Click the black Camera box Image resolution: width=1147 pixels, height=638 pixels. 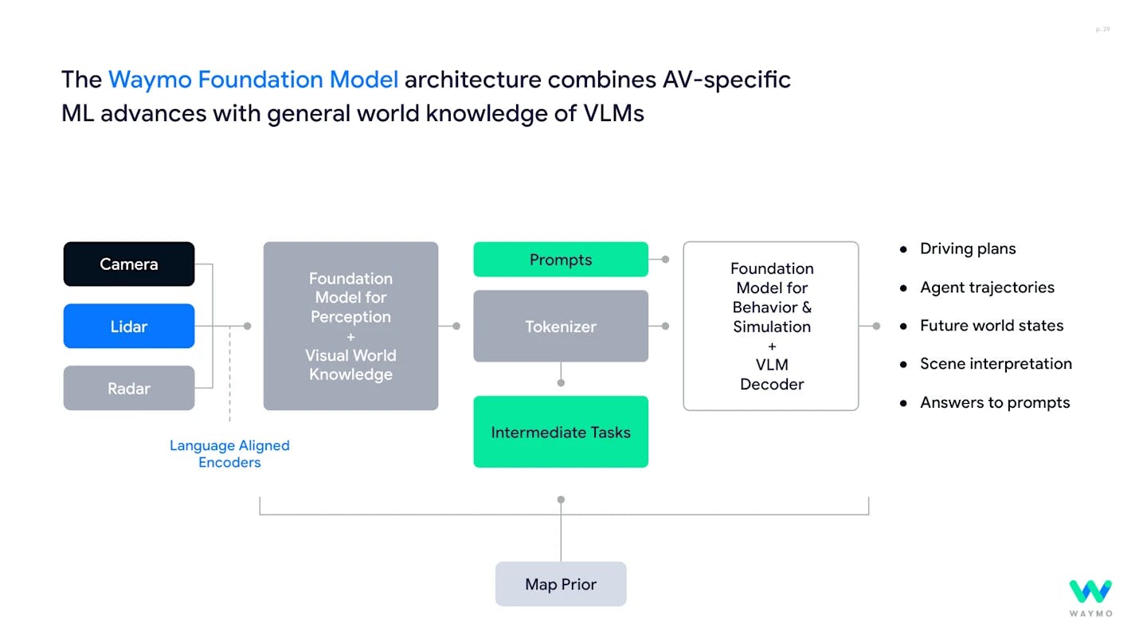(x=129, y=264)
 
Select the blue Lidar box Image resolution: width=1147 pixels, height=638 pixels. (x=129, y=326)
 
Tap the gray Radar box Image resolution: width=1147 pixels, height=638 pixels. (x=129, y=388)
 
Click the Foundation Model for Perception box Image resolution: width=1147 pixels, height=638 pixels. (x=350, y=326)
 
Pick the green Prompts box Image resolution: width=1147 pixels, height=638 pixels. (x=561, y=260)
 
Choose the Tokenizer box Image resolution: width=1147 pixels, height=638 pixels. (x=561, y=326)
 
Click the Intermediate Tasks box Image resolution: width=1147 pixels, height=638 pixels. (x=561, y=432)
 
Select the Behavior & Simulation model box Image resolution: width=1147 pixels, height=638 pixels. (x=771, y=326)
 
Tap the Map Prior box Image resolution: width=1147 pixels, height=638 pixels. (x=561, y=584)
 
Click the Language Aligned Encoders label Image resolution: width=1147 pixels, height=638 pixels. (x=229, y=454)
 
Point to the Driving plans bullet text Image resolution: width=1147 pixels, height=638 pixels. (x=968, y=249)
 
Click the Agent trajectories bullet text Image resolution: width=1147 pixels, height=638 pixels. (x=987, y=288)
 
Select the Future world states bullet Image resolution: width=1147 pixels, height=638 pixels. (x=992, y=325)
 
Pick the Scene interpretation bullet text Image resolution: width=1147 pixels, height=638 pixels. (x=996, y=363)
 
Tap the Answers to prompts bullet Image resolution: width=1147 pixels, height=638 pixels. (x=995, y=402)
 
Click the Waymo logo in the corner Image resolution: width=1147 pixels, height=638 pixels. (x=1090, y=597)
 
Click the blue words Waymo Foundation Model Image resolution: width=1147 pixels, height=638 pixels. (x=253, y=80)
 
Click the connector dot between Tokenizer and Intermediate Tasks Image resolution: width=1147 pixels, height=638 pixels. (x=561, y=383)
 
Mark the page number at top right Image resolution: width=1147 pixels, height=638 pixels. (x=1102, y=29)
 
